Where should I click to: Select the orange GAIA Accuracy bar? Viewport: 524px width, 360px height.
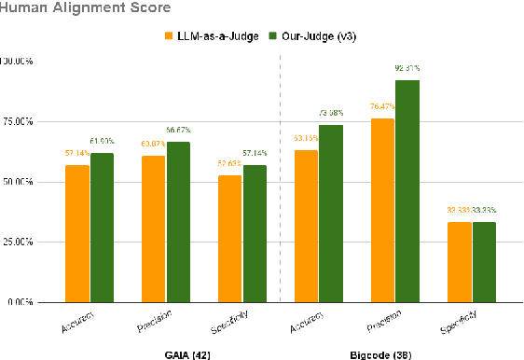pyautogui.click(x=76, y=233)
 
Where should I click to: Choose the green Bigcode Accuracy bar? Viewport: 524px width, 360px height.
pyautogui.click(x=332, y=214)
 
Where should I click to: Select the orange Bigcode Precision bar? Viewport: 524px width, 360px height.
pyautogui.click(x=382, y=210)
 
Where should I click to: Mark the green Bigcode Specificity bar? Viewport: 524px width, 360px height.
pyautogui.click(x=485, y=262)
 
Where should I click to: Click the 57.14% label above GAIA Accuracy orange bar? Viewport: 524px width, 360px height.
pyautogui.click(x=76, y=151)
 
